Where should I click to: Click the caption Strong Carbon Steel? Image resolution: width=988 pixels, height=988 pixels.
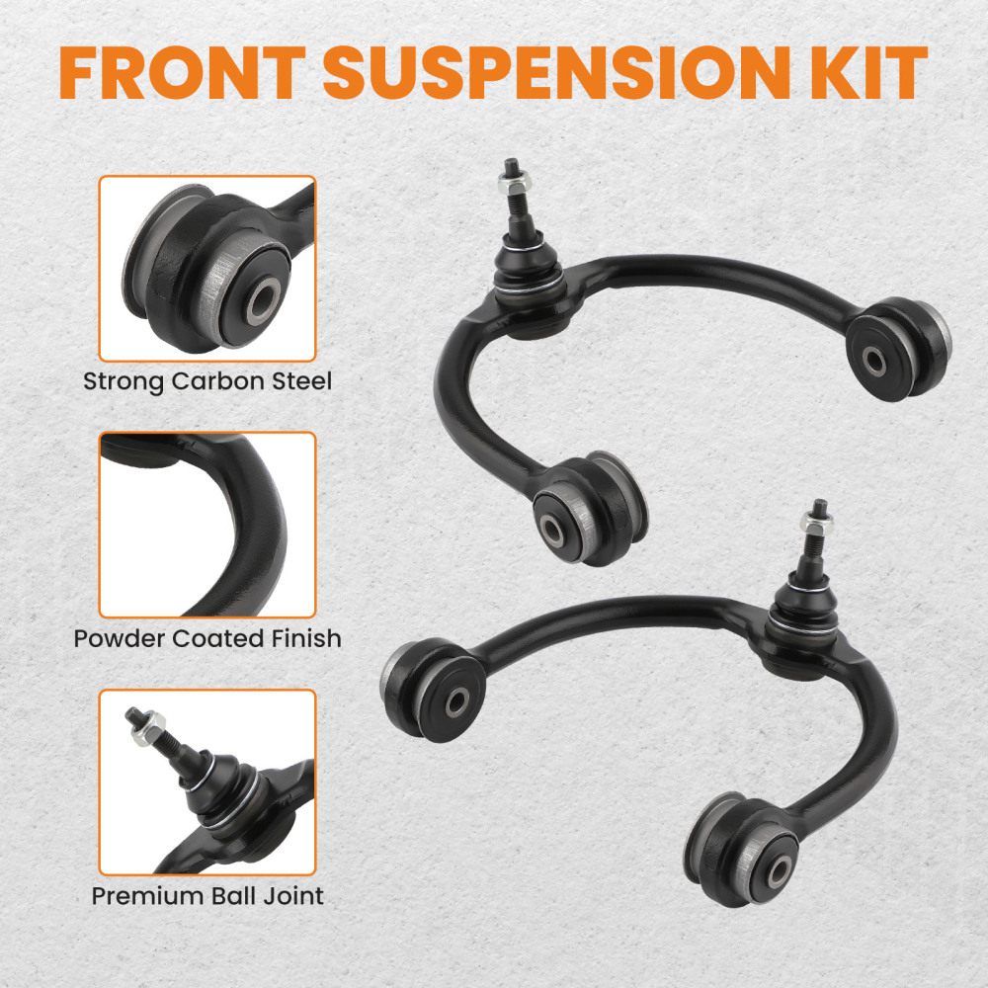coord(207,381)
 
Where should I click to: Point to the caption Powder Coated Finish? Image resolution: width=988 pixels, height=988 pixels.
coord(207,638)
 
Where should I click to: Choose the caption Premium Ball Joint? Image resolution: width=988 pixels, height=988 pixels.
coord(207,896)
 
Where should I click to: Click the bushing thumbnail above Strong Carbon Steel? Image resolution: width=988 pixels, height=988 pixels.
coord(207,268)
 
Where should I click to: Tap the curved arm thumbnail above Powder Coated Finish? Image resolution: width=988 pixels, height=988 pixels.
coord(207,525)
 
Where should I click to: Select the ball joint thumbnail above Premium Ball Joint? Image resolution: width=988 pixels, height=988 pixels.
coord(207,782)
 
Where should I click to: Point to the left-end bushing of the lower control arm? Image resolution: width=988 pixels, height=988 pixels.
coord(435,690)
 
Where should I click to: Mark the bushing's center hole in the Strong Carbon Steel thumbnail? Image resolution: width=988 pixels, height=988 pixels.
coord(262,301)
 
